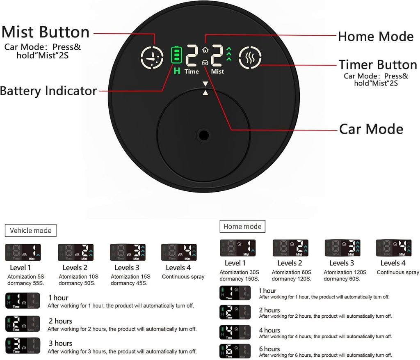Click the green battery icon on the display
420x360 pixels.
click(x=176, y=55)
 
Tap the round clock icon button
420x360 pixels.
click(x=152, y=57)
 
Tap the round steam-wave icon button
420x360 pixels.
click(x=250, y=57)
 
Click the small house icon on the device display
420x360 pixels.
click(x=205, y=50)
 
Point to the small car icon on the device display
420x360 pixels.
click(x=205, y=63)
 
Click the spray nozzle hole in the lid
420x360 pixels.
click(x=203, y=135)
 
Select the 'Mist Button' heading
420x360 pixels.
click(x=46, y=32)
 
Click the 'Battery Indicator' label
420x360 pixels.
click(x=48, y=91)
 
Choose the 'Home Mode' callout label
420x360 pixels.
click(x=376, y=36)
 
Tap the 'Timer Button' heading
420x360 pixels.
click(x=378, y=64)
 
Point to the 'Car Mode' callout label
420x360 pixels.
click(x=371, y=129)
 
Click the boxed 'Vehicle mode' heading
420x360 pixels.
click(x=30, y=231)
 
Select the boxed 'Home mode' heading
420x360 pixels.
click(x=242, y=227)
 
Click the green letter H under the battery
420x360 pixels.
click(x=177, y=71)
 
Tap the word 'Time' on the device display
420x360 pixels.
click(x=192, y=71)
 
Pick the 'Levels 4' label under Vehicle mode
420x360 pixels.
click(x=178, y=268)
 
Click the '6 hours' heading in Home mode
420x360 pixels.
click(x=269, y=349)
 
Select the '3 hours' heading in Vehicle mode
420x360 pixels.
click(x=61, y=344)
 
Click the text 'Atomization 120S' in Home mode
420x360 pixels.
click(x=345, y=272)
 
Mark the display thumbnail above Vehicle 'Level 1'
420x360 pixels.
click(x=23, y=252)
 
